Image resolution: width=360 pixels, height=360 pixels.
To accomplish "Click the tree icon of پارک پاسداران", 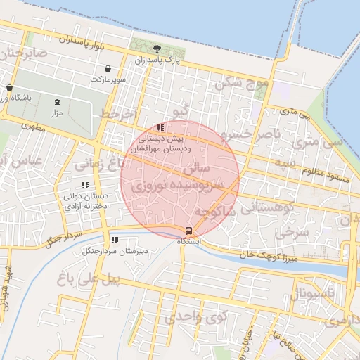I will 156,49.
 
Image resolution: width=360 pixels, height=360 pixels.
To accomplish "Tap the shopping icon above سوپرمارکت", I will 108,68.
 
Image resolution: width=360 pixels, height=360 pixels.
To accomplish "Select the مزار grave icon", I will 57,101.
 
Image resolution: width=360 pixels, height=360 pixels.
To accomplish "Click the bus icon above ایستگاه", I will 188,231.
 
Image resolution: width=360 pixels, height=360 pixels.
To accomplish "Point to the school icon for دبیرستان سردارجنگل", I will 114,240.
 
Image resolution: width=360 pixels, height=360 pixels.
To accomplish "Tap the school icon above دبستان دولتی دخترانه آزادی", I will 85,185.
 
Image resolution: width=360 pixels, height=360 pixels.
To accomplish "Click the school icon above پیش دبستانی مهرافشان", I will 161,128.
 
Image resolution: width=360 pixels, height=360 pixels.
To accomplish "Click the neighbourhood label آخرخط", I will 116,112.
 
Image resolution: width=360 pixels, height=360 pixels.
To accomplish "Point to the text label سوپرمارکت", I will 108,79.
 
